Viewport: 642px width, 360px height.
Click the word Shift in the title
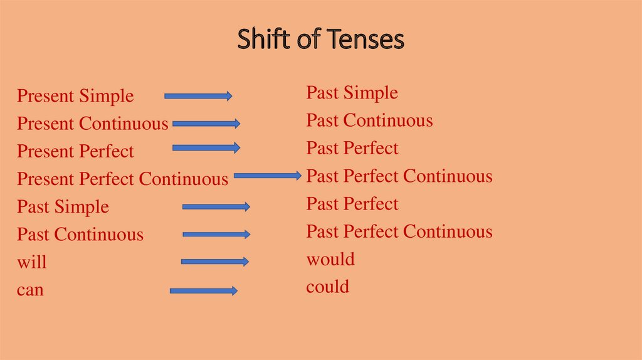tap(260, 40)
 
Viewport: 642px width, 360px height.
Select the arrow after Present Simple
tap(198, 96)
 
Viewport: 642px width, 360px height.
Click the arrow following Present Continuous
tap(206, 124)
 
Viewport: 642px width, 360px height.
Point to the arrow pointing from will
tap(215, 262)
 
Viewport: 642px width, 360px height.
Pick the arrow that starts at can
tap(203, 290)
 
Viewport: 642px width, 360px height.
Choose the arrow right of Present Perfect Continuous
tap(268, 176)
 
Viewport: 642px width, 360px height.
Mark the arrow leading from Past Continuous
tap(216, 235)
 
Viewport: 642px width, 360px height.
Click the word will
tap(32, 262)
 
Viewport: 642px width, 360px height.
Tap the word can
tap(30, 290)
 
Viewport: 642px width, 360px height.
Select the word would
tap(330, 259)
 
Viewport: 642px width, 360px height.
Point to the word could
tap(328, 287)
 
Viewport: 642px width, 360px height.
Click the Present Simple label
tap(75, 96)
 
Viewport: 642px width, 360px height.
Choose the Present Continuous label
tap(93, 124)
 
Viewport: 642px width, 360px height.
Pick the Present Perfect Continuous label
tap(122, 179)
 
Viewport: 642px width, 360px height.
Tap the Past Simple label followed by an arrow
tap(63, 206)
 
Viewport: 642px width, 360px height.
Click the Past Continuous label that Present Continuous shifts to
tap(369, 120)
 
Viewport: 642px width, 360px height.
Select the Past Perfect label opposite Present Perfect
tap(352, 148)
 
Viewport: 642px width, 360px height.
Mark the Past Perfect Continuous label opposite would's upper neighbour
tap(399, 231)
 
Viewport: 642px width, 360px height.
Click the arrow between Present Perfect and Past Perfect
tap(206, 148)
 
